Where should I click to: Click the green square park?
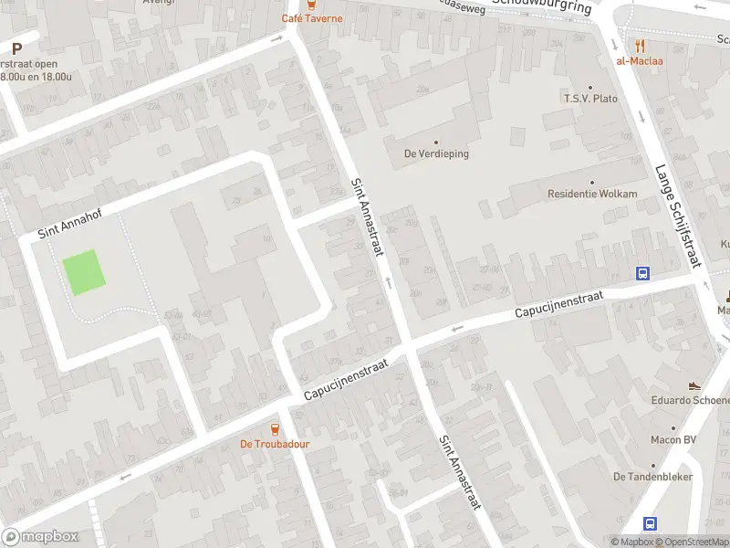[x=82, y=272]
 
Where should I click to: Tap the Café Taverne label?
[x=312, y=17]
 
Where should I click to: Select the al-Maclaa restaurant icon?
[x=640, y=45]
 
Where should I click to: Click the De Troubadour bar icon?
[x=275, y=428]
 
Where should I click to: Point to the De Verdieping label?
[x=436, y=153]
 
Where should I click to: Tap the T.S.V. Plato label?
[x=590, y=98]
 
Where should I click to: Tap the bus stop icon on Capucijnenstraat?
[x=643, y=273]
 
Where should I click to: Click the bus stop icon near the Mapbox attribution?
[x=651, y=523]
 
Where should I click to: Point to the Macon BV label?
[x=673, y=440]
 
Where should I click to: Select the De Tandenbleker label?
[x=652, y=477]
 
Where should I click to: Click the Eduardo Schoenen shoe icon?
[x=694, y=385]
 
